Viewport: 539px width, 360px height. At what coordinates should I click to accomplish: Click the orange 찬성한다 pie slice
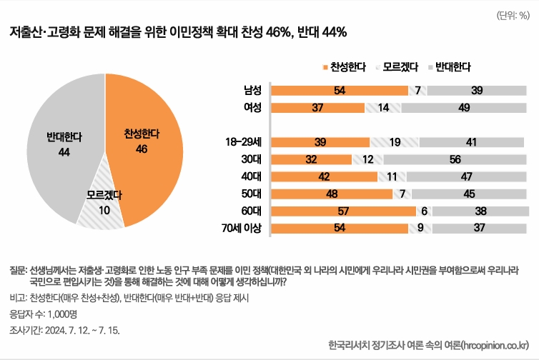tap(143, 143)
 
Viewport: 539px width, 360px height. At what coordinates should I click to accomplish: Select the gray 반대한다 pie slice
tap(61, 143)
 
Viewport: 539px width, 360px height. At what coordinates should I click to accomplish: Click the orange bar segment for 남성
tap(340, 90)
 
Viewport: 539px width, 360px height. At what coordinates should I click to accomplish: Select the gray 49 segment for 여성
tap(464, 107)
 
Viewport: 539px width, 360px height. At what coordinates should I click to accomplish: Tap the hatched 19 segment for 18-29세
tap(394, 142)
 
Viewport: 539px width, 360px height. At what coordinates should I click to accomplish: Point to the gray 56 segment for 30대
tap(455, 159)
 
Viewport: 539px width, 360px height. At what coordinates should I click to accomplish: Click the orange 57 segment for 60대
tap(344, 211)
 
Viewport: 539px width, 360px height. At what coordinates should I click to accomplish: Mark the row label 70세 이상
tap(242, 228)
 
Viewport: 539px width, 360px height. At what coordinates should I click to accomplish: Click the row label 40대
tap(250, 176)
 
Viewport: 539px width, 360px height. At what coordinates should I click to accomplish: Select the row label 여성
tap(252, 107)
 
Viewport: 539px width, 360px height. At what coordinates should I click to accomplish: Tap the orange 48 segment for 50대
tap(332, 194)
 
